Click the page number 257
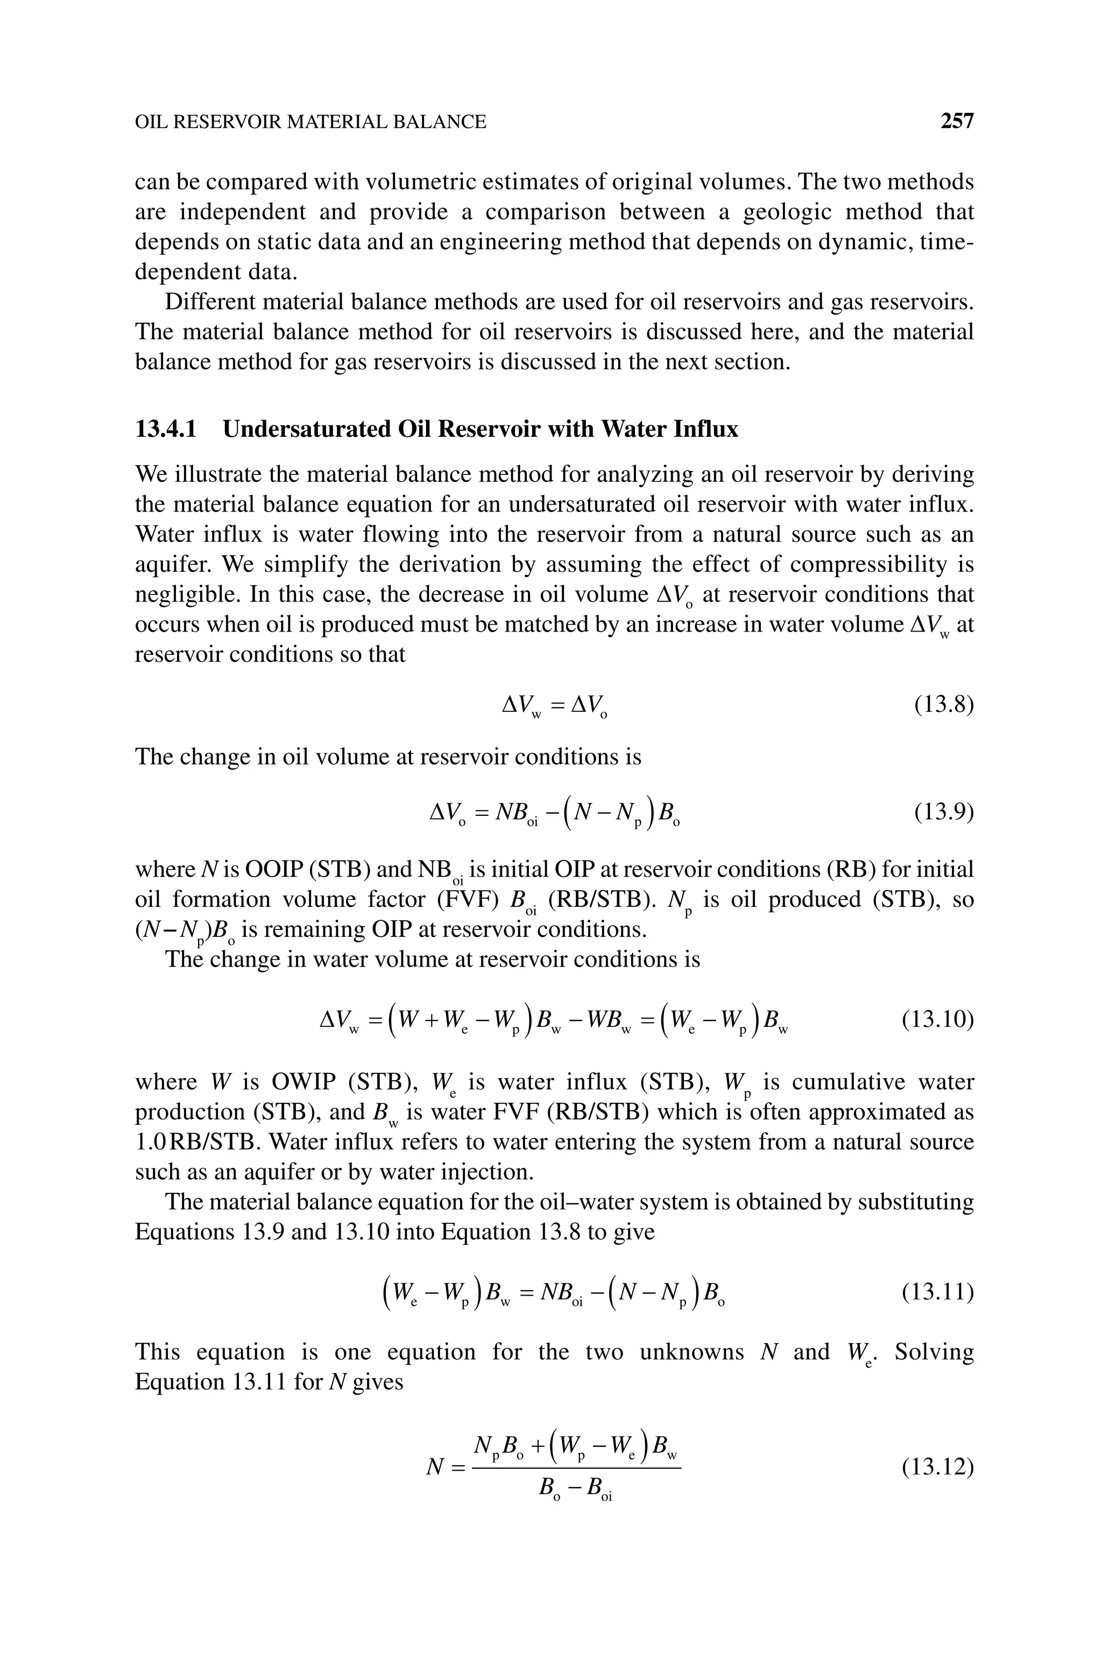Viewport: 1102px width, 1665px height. pyautogui.click(x=957, y=122)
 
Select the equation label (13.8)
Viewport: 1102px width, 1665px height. pyautogui.click(x=943, y=704)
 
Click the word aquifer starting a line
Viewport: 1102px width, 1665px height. pyautogui.click(x=167, y=565)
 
